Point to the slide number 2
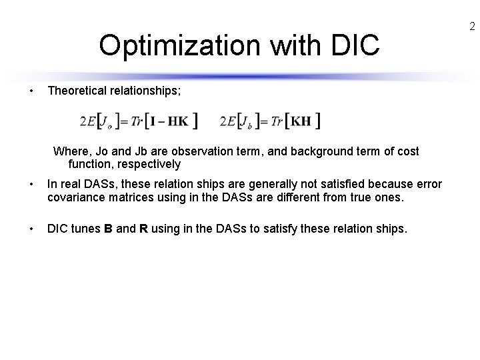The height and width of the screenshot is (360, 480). [x=471, y=27]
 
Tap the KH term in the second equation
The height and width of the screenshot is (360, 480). [x=301, y=121]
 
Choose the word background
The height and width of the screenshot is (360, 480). [x=306, y=151]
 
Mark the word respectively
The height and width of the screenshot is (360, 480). [x=146, y=164]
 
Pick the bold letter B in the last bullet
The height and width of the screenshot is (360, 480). [x=108, y=229]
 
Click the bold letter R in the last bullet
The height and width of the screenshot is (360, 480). [x=143, y=229]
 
